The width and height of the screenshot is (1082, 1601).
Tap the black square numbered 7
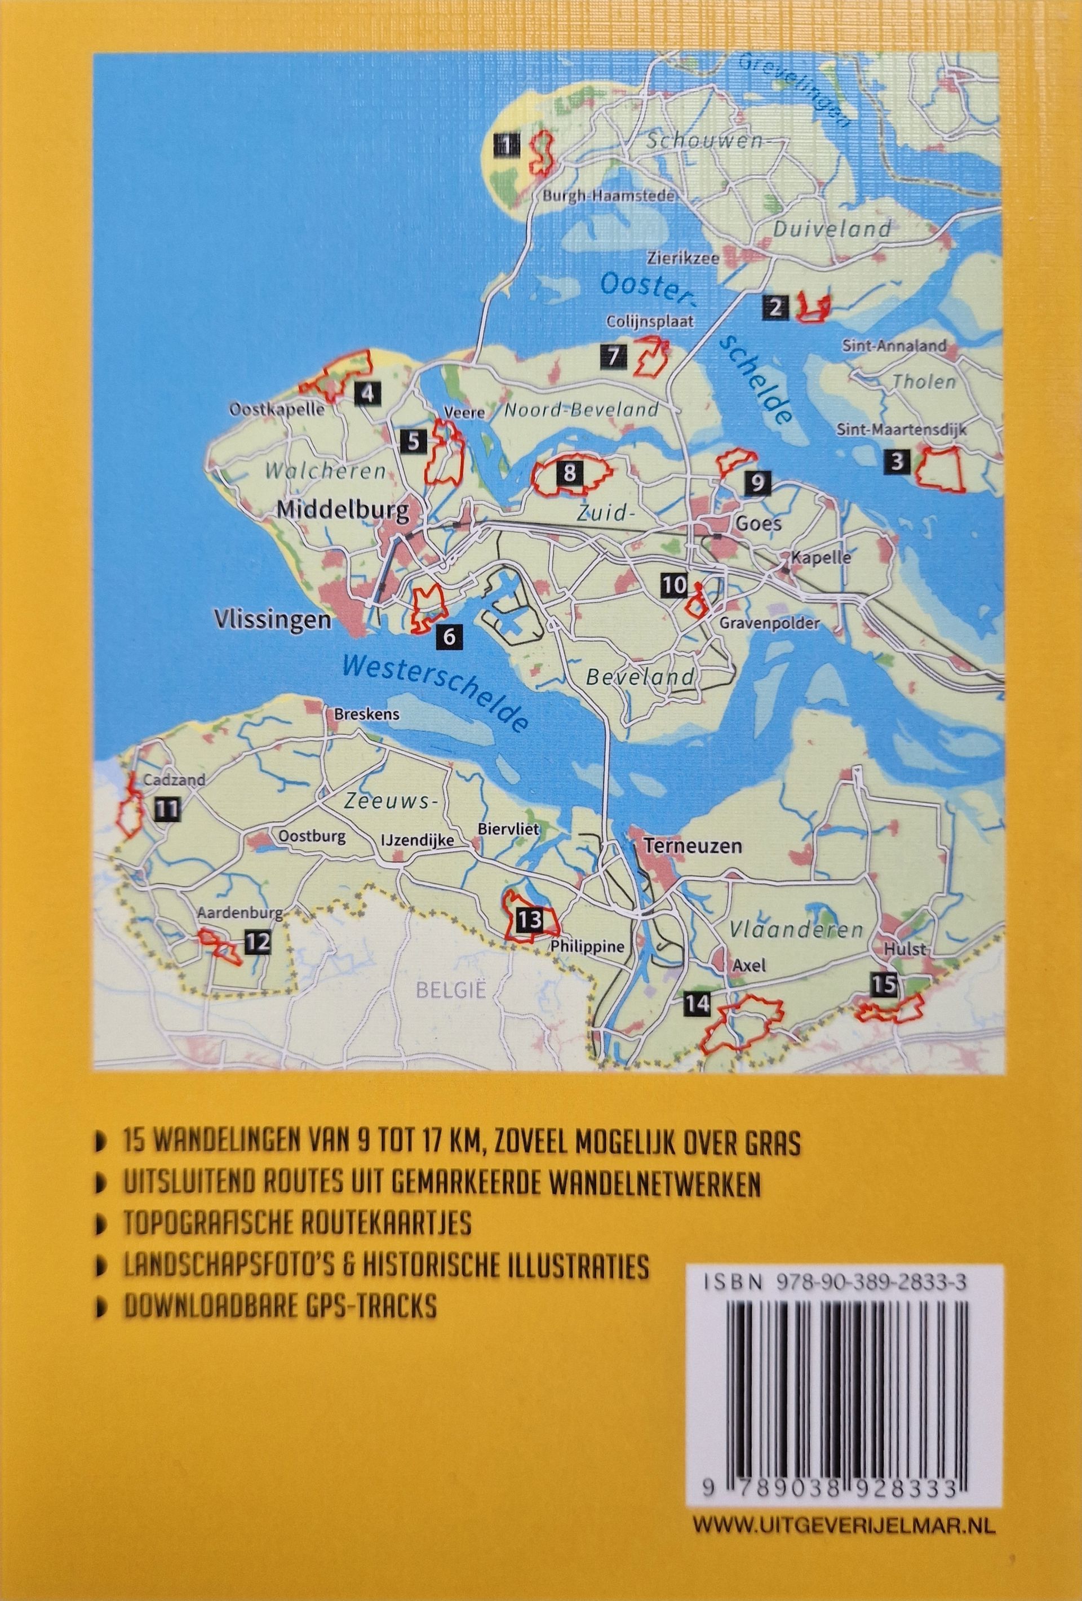pos(613,356)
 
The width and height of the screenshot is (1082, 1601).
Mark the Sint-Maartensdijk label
pos(911,430)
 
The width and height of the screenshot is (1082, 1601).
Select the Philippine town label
pos(587,947)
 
